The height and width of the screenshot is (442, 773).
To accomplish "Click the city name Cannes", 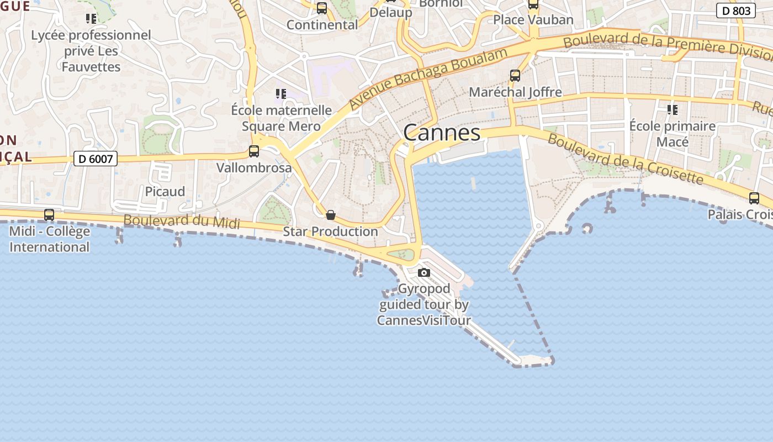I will [442, 133].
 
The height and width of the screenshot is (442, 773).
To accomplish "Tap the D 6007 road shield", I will [96, 159].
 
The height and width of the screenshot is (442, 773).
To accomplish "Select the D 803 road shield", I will [736, 10].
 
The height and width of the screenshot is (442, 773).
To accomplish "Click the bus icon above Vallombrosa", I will [254, 151].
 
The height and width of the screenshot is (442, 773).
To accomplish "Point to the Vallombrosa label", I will [254, 167].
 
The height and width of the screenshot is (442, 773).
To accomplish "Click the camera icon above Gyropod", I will [424, 272].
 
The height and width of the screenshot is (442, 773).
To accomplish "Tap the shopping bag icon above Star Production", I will [331, 215].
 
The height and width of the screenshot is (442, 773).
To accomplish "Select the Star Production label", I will [330, 231].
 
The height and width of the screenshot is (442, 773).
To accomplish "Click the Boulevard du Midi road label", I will [182, 222].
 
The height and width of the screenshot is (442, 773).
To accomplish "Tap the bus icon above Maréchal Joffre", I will [515, 76].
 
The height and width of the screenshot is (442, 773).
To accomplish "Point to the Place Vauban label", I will [533, 20].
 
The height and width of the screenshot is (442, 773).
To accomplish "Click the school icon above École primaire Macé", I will [672, 110].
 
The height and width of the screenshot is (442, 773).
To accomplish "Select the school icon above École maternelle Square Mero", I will [281, 94].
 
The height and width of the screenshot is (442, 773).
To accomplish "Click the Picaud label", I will [165, 192].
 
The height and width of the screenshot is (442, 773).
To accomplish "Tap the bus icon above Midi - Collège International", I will [49, 215].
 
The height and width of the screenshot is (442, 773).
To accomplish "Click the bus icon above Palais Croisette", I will [754, 198].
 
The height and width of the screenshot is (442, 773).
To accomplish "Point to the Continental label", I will [322, 25].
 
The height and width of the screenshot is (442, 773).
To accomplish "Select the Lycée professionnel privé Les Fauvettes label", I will [91, 51].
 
